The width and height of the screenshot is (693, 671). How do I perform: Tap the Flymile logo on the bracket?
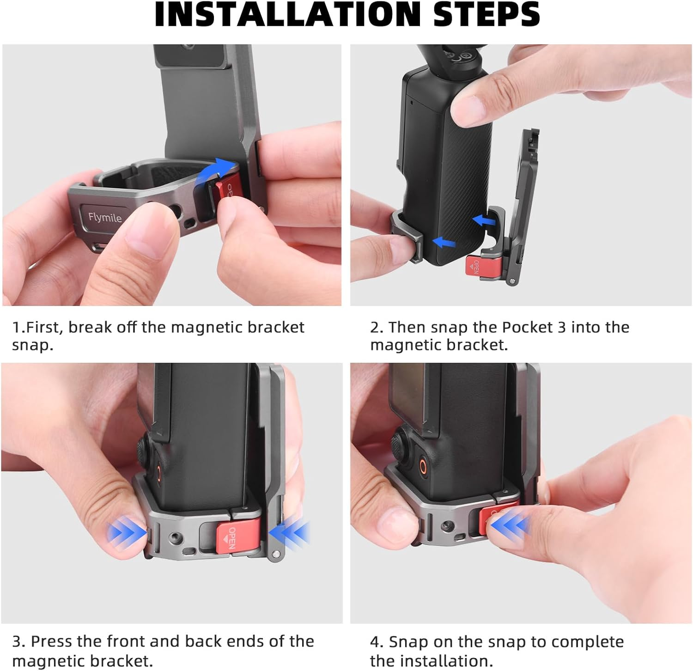click(105, 217)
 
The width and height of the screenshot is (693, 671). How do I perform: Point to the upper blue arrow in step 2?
click(485, 220)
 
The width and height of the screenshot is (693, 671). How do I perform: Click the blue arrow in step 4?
click(511, 525)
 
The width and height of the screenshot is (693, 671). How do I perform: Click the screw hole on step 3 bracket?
click(176, 537)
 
